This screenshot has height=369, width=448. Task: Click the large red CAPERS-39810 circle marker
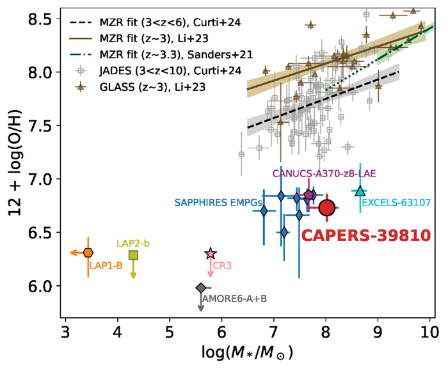point(326,207)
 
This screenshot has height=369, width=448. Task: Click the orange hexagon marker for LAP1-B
point(88,253)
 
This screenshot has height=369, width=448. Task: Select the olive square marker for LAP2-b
point(133,255)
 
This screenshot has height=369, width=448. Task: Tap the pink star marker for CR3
point(211,254)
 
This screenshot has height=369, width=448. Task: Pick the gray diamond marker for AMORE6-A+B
point(200,288)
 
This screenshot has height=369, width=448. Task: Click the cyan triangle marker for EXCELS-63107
point(360,191)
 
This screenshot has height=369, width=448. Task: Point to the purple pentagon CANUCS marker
point(309,195)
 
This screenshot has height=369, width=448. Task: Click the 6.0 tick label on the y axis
point(44,287)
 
